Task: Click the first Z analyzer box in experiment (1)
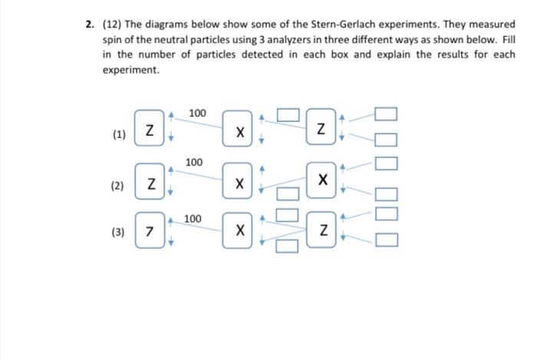click(150, 130)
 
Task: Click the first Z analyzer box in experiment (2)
click(151, 183)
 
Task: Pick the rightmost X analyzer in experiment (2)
click(324, 180)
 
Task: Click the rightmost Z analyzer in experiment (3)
click(324, 230)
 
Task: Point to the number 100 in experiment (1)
click(197, 114)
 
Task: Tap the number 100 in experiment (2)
click(194, 163)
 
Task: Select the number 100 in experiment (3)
click(193, 220)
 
